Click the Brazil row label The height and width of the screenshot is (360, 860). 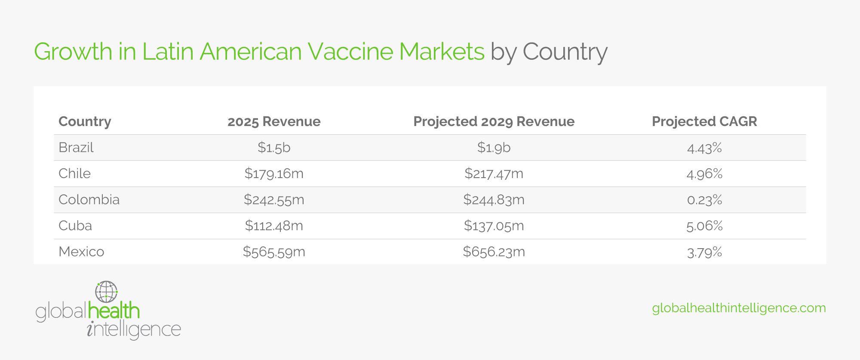click(76, 148)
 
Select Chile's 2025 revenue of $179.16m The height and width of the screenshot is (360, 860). click(274, 174)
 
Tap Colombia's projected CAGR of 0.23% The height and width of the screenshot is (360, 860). click(704, 200)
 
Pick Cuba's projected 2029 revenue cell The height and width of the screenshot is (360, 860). click(494, 226)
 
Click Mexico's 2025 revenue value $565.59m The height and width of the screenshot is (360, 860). click(274, 252)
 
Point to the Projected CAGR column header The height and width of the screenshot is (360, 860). click(704, 121)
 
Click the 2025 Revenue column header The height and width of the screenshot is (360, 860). click(274, 121)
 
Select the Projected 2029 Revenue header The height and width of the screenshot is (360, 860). click(494, 121)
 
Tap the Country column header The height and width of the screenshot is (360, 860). click(85, 121)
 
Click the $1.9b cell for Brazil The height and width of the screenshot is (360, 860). click(494, 148)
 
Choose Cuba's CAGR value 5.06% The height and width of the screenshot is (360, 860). click(704, 226)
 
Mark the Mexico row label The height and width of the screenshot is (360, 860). click(81, 252)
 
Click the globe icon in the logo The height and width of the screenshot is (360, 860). click(106, 292)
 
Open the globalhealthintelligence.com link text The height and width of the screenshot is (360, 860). click(739, 308)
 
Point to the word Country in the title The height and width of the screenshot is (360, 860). click(565, 52)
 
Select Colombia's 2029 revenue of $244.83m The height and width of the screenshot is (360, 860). click(494, 200)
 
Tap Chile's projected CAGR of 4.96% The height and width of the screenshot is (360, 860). click(704, 174)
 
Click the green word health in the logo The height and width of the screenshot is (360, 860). click(114, 311)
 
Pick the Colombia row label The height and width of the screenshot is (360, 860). click(89, 200)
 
